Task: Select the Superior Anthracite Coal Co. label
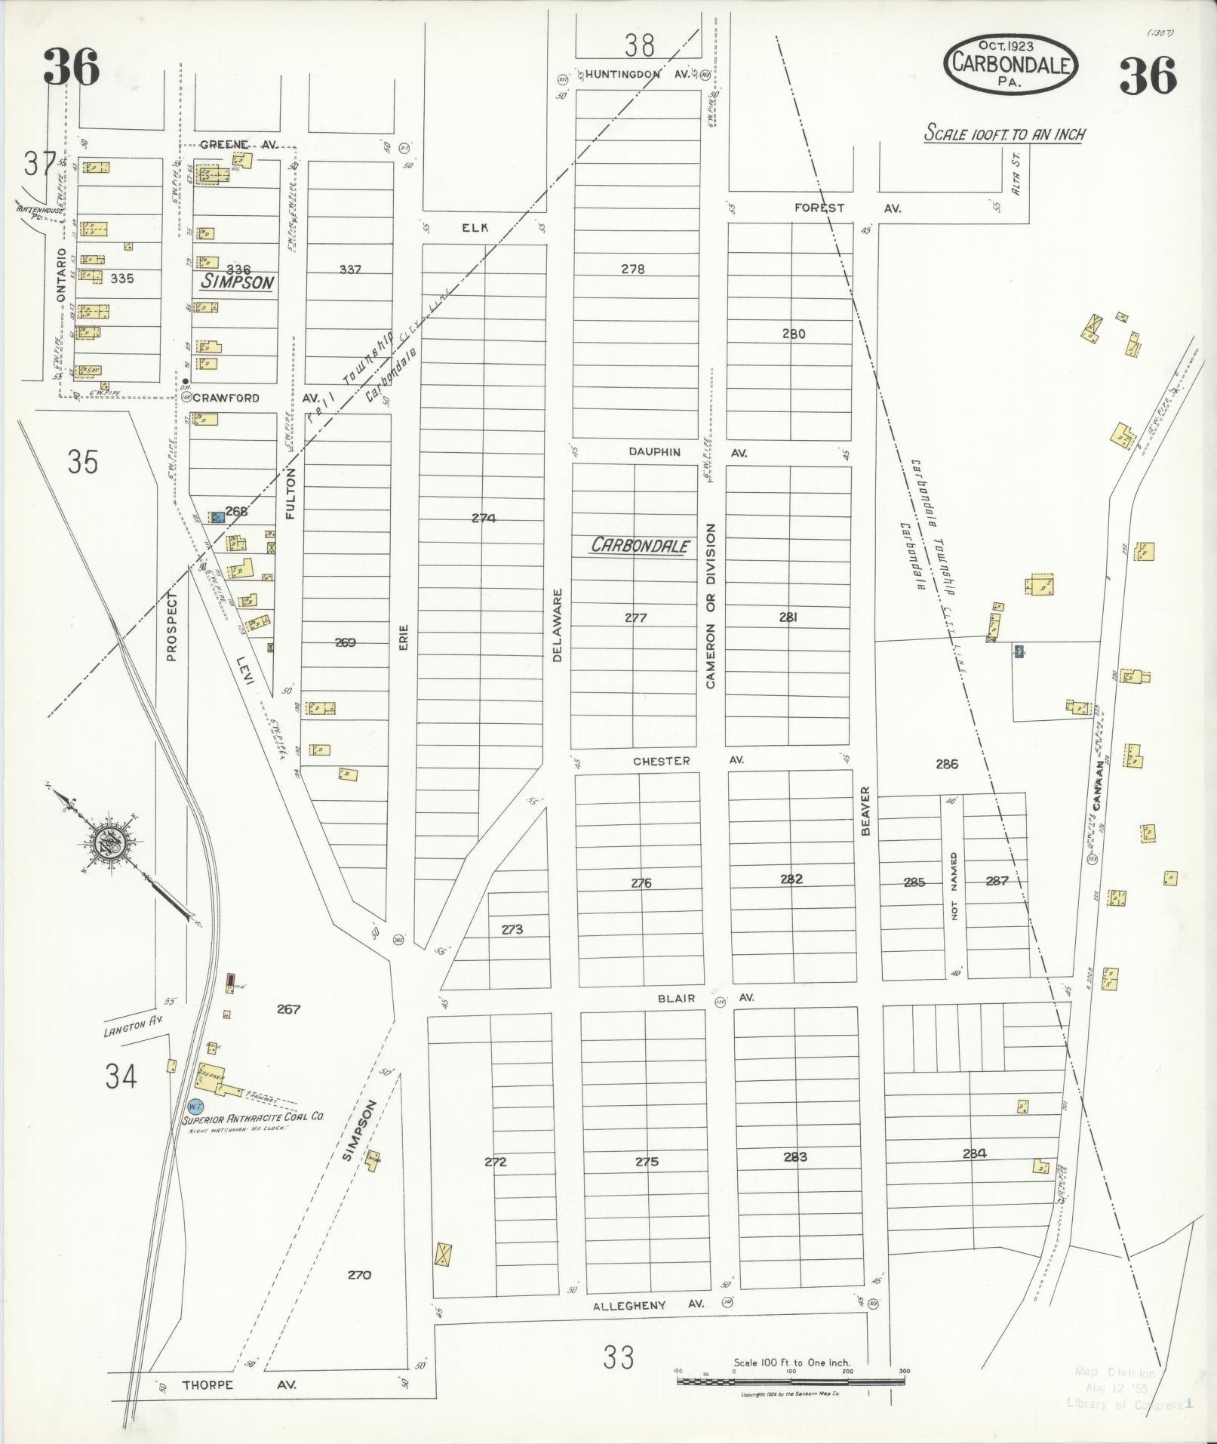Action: tap(253, 1116)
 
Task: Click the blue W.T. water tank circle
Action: tap(195, 1105)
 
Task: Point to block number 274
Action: tap(484, 518)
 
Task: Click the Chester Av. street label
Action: tap(661, 761)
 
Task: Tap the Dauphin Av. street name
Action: tap(655, 452)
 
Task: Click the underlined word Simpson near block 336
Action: tap(236, 282)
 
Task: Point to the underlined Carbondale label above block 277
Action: tap(640, 545)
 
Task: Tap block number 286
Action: tap(946, 764)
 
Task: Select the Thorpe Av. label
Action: tap(207, 1385)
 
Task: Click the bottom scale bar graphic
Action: tap(791, 1381)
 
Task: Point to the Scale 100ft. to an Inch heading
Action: tap(1004, 134)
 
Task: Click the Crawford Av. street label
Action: tap(226, 398)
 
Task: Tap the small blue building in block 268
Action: tap(217, 517)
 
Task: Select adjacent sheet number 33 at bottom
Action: tap(619, 1358)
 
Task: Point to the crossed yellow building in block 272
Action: tap(442, 1255)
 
